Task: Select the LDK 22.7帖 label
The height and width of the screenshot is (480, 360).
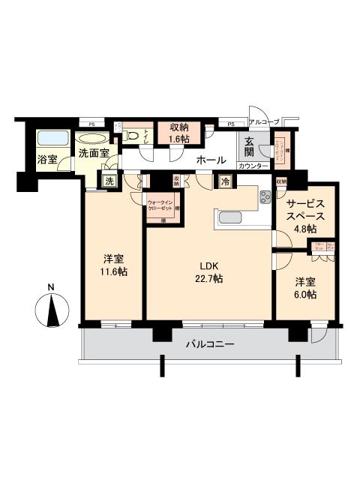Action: coord(209,271)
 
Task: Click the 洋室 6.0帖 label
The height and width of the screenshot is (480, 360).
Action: coord(304,289)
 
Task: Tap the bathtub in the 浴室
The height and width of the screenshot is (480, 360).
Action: coord(52,139)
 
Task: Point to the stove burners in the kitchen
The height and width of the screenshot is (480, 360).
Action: coord(266,198)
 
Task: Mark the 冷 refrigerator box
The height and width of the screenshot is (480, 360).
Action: coord(224,181)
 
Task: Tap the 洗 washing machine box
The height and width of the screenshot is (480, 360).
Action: coord(109,180)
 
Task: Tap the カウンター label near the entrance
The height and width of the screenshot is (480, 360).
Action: coord(251,166)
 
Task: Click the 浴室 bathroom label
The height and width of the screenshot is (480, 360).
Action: coord(48,158)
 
